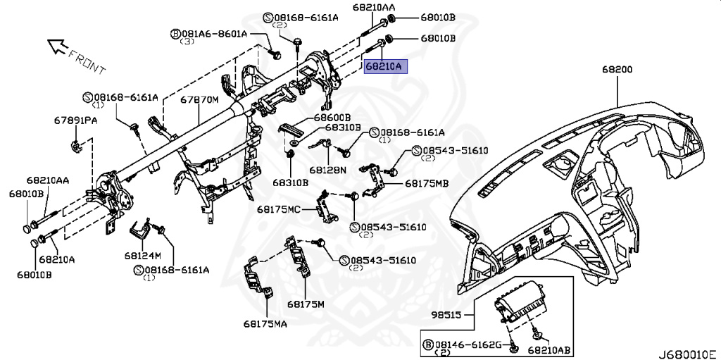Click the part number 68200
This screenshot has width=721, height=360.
pyautogui.click(x=617, y=70)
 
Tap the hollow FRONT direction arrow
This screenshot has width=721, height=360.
pyautogui.click(x=56, y=47)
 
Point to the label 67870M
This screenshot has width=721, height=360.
pyautogui.click(x=199, y=100)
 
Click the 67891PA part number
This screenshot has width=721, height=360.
pyautogui.click(x=76, y=120)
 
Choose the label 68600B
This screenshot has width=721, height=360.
pyautogui.click(x=332, y=117)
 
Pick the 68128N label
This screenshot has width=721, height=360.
pyautogui.click(x=327, y=170)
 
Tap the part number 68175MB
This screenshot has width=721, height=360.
pyautogui.click(x=427, y=183)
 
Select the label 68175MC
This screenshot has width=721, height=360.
pyautogui.click(x=278, y=209)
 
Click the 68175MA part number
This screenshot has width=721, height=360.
pyautogui.click(x=266, y=324)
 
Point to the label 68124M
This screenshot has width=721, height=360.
pyautogui.click(x=143, y=254)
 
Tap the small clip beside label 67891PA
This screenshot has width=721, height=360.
pyautogui.click(x=75, y=147)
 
